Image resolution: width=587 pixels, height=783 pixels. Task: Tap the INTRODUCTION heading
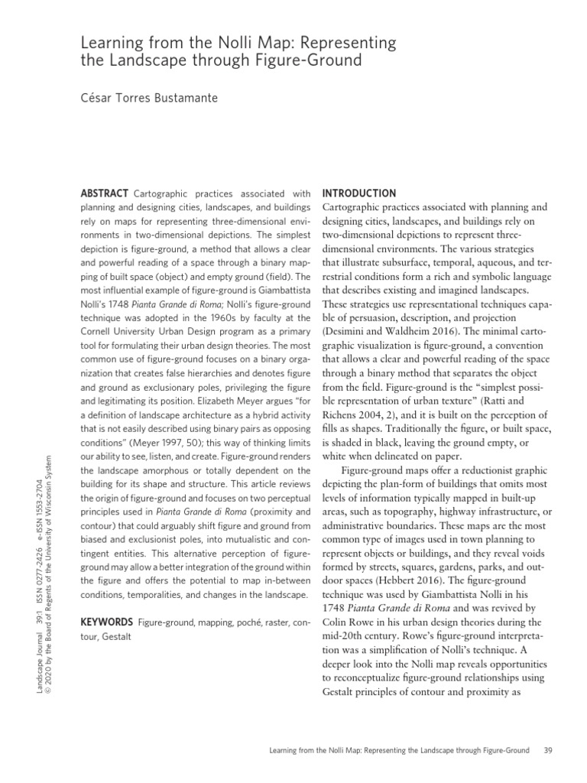tap(359, 193)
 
